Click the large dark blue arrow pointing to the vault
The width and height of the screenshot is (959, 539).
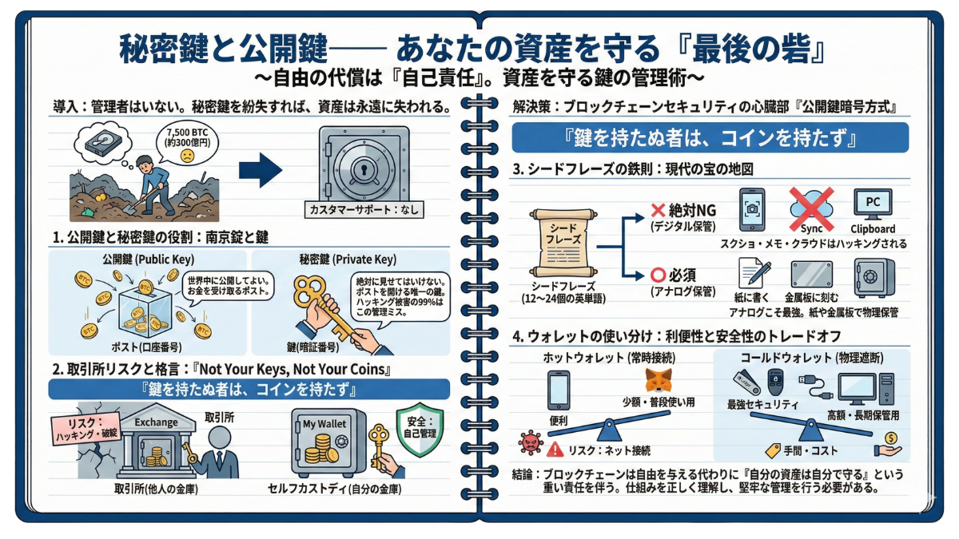pyautogui.click(x=261, y=170)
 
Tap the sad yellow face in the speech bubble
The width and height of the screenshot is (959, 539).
pyautogui.click(x=187, y=156)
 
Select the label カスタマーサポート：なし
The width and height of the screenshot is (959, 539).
pyautogui.click(x=364, y=209)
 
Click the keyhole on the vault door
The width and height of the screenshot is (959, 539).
pyautogui.click(x=364, y=169)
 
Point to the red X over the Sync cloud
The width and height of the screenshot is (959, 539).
pyautogui.click(x=811, y=208)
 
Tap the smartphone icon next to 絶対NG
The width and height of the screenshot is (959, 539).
pyautogui.click(x=752, y=209)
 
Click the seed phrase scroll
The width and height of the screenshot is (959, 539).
pyautogui.click(x=563, y=242)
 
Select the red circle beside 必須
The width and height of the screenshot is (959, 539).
pyautogui.click(x=658, y=275)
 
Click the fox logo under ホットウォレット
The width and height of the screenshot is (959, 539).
pyautogui.click(x=658, y=380)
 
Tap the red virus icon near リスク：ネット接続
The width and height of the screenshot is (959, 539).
pyautogui.click(x=531, y=442)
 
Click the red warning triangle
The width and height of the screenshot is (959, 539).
pyautogui.click(x=555, y=449)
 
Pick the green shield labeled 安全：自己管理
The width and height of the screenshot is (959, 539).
pyautogui.click(x=420, y=429)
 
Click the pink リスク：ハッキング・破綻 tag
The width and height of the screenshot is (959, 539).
pyautogui.click(x=86, y=429)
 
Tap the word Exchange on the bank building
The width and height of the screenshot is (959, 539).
pyautogui.click(x=156, y=422)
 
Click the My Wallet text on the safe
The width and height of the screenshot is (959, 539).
pyautogui.click(x=324, y=424)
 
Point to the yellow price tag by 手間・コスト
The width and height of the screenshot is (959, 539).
pyautogui.click(x=773, y=450)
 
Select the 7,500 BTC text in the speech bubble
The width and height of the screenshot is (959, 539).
pyautogui.click(x=187, y=133)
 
